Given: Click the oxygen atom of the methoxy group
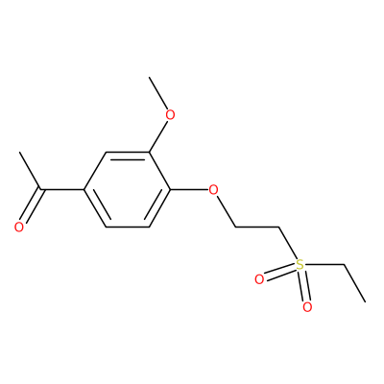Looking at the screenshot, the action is tap(171, 115).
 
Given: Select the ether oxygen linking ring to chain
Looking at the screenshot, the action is tap(213, 190).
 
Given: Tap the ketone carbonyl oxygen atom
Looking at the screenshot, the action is tap(19, 227).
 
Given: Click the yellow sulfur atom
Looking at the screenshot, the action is tap(300, 265).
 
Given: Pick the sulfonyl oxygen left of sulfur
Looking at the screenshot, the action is tap(259, 279).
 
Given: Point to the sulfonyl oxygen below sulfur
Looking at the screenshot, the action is tap(307, 307).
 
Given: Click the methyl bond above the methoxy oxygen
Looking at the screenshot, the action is tap(158, 93).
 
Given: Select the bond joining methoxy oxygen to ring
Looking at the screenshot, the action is tap(158, 136).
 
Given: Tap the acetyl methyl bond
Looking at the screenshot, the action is tap(30, 171).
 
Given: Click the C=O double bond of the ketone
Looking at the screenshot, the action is tap(32, 206).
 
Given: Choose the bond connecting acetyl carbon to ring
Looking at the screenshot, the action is tap(62, 190).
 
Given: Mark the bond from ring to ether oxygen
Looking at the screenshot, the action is tap(189, 190).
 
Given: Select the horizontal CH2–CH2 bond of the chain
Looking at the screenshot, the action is tap(257, 228).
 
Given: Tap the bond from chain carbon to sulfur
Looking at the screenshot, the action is tap(287, 244).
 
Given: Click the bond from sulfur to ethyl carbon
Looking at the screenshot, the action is tap(324, 265).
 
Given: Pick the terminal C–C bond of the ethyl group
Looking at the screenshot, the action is tap(354, 283).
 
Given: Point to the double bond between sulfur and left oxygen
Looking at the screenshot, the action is tap(279, 273).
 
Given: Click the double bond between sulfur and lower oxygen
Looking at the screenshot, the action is tap(303, 286).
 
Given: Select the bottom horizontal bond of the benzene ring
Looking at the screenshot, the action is tap(128, 228).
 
